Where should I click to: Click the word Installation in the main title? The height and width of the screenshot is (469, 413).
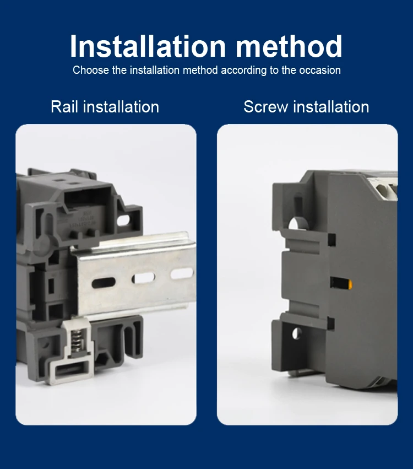(x=148, y=46)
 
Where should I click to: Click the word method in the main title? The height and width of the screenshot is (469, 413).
(x=289, y=46)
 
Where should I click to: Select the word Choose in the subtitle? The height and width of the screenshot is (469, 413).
(x=91, y=71)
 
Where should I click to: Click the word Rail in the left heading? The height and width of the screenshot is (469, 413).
(x=64, y=107)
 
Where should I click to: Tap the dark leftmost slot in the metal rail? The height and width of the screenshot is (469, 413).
(x=104, y=283)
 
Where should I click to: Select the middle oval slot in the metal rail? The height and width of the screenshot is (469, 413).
(x=143, y=278)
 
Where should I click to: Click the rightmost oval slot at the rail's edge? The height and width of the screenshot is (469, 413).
(x=182, y=273)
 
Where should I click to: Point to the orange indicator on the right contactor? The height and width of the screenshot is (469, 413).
(x=350, y=284)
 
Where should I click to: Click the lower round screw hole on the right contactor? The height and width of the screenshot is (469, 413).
(x=296, y=333)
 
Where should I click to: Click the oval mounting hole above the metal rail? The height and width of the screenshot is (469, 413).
(x=123, y=220)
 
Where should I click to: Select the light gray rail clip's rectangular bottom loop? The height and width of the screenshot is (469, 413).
(x=71, y=370)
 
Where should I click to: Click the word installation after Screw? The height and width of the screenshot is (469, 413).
(x=331, y=107)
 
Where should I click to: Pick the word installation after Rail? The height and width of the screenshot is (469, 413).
(x=121, y=107)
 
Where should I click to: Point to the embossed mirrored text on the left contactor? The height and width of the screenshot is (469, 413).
(x=84, y=219)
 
